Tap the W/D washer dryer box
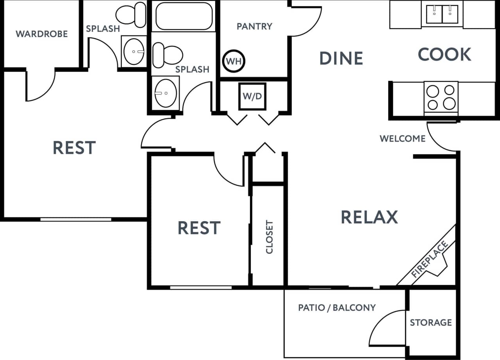(x=252, y=96)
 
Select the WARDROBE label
(x=41, y=34)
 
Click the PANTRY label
(x=254, y=26)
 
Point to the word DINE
(x=341, y=58)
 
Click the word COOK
(x=445, y=55)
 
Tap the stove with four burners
(x=441, y=97)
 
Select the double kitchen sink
(x=442, y=14)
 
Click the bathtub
(x=184, y=16)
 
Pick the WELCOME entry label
(x=402, y=138)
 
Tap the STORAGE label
(x=430, y=322)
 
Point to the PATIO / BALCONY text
(x=337, y=308)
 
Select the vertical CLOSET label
(x=269, y=237)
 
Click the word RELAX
(x=369, y=217)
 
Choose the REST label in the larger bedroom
(x=74, y=148)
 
